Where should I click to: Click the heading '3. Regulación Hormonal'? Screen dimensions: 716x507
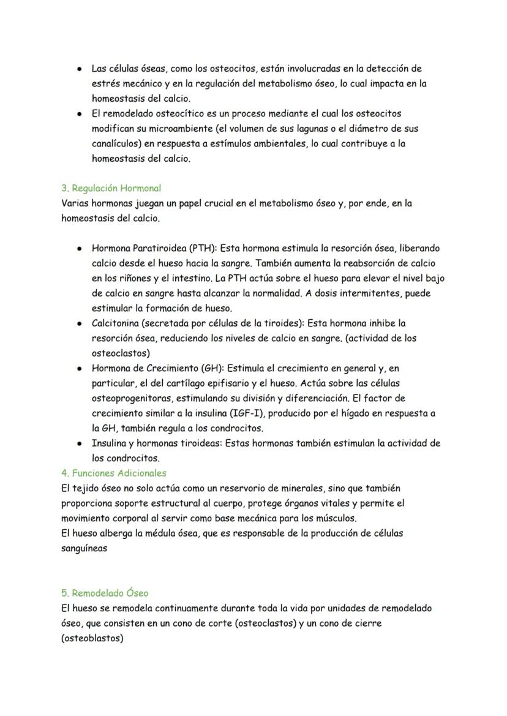111,188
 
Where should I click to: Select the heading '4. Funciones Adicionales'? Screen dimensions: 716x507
113,473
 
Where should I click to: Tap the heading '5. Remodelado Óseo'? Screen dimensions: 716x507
105,593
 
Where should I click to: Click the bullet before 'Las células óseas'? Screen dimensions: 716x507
80,69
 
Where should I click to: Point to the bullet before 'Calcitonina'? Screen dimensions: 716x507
80,323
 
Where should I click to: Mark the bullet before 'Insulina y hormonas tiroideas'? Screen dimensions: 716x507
80,443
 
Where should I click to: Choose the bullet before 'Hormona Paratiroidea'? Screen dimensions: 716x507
80,248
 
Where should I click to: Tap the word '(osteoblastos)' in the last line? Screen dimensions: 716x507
92,638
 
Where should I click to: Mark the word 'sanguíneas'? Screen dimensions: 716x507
85,548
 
